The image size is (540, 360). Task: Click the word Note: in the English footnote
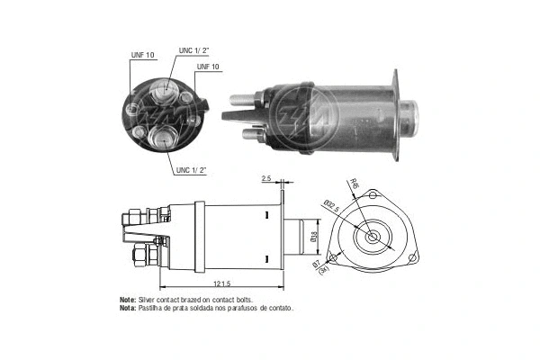[128, 299]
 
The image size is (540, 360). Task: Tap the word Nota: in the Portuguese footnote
[128, 308]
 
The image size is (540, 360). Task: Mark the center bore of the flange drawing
[371, 239]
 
